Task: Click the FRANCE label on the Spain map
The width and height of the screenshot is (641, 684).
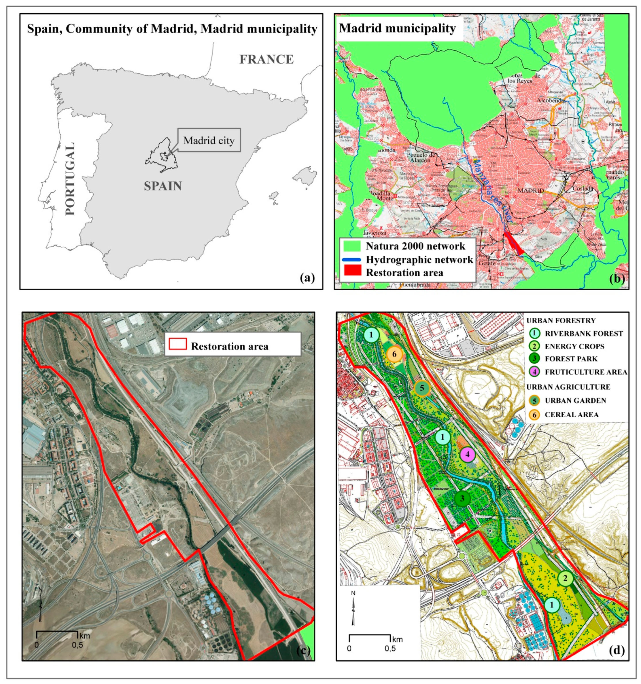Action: click(266, 59)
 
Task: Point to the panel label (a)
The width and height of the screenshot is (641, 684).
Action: click(307, 277)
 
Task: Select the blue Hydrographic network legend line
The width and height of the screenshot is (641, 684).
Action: click(352, 259)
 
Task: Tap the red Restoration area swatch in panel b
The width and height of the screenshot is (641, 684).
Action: click(352, 271)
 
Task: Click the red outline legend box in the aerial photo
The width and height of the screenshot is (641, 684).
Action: click(178, 344)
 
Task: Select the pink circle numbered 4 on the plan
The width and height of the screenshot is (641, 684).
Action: click(468, 455)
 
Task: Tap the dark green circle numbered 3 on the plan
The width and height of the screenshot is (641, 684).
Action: click(462, 498)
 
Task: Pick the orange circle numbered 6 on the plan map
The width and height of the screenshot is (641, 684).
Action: click(394, 354)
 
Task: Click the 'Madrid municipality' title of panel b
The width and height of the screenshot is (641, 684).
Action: click(397, 28)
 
